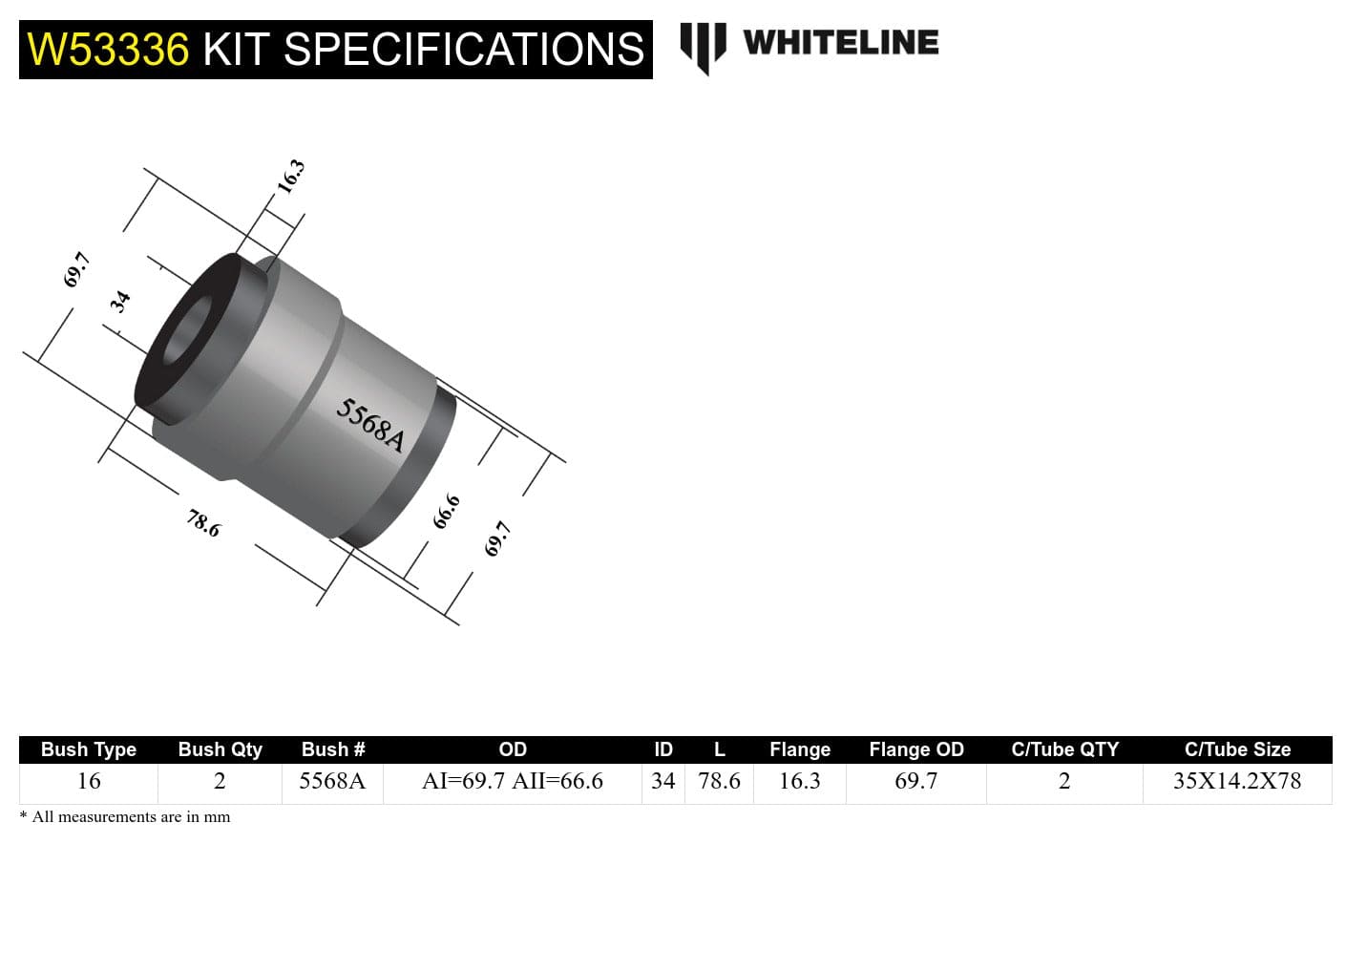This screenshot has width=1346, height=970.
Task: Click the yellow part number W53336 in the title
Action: [x=108, y=50]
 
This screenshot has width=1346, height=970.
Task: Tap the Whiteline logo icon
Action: [x=703, y=46]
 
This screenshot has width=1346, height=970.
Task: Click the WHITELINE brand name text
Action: [x=840, y=43]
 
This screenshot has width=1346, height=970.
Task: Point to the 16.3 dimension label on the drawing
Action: [x=290, y=176]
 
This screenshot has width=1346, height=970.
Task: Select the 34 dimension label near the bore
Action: [x=120, y=302]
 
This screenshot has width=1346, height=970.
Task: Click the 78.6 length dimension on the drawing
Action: [x=203, y=522]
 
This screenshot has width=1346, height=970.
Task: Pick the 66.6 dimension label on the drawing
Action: [x=446, y=512]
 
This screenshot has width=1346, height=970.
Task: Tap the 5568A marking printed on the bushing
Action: [x=370, y=425]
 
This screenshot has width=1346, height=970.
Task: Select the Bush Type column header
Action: [x=89, y=749]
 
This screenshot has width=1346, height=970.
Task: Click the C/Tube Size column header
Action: [x=1237, y=749]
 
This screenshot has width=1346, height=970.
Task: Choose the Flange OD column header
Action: [x=916, y=749]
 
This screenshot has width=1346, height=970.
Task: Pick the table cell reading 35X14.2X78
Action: [x=1237, y=781]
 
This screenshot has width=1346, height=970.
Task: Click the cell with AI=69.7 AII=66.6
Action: [x=513, y=781]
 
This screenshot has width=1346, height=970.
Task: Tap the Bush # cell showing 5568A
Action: [x=332, y=781]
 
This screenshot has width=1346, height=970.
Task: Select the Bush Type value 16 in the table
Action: [x=89, y=781]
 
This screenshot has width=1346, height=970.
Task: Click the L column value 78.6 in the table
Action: [x=719, y=781]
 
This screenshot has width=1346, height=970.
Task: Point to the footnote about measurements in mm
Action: [x=125, y=817]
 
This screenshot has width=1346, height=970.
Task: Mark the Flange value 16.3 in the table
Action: [x=800, y=781]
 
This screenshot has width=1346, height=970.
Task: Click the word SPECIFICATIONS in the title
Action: [x=464, y=50]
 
